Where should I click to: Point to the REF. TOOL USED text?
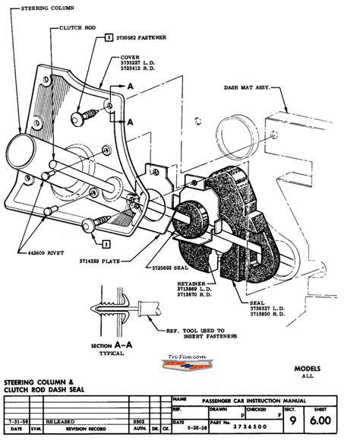tap(200, 332)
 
